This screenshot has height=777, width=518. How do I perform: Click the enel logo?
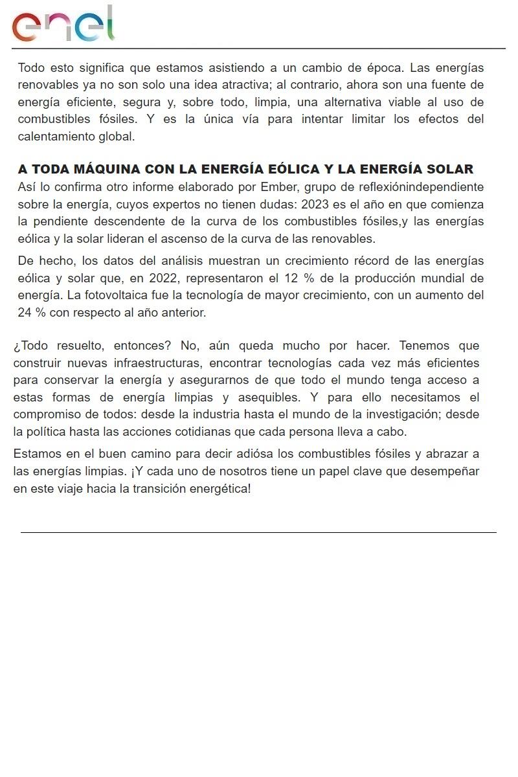coord(63,24)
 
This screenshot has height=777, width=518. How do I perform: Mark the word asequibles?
coord(267,398)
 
